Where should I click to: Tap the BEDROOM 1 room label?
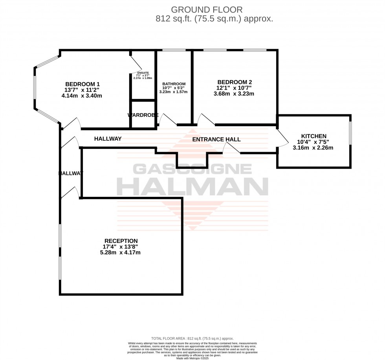coord(82,84)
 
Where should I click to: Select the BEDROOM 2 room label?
coord(234,82)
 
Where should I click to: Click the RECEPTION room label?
coord(121,241)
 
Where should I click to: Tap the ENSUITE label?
coord(143,73)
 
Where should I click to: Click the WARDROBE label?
coord(143,115)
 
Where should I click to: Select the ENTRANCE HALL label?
coord(216,140)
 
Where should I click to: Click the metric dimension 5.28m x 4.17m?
coord(121,253)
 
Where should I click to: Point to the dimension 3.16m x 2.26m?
coord(313,148)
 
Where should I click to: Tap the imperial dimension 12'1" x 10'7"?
coord(234,88)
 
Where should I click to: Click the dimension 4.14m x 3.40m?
coord(82,96)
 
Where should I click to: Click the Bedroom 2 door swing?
coord(206,119)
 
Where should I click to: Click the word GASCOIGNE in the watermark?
coord(192,169)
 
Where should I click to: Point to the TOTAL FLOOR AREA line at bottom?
coord(192,338)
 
